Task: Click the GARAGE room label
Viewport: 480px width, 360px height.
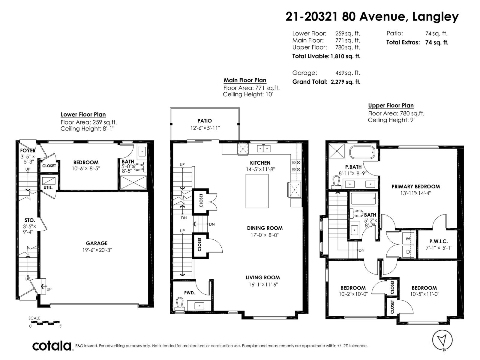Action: pos(97,243)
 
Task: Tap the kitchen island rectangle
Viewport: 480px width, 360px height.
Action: pos(257,191)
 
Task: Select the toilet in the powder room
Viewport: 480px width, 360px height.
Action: pos(180,304)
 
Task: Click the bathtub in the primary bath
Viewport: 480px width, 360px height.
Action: pos(362,152)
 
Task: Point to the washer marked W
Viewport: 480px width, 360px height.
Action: pos(408,238)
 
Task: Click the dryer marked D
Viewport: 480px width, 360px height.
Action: pos(408,252)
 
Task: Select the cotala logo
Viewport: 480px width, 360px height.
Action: pos(52,346)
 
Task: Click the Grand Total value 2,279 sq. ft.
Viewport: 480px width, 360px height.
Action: pos(345,82)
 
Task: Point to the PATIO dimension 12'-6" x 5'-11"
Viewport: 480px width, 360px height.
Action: pos(205,128)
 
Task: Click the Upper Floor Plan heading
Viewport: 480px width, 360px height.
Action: pos(391,106)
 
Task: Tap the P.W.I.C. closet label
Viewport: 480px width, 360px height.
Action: pos(438,241)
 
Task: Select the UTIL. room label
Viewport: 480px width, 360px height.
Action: pos(48,187)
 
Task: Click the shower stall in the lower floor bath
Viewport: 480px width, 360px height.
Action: pos(133,182)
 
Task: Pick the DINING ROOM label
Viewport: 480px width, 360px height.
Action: pos(265,228)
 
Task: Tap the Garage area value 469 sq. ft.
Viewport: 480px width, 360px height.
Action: pos(348,73)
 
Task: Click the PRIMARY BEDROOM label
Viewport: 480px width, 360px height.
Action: pos(415,186)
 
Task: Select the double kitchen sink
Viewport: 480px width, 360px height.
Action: pos(264,148)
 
